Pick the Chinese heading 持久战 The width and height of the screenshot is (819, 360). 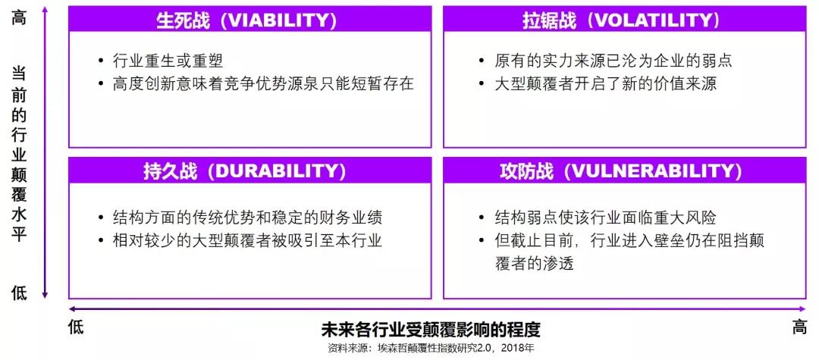171,171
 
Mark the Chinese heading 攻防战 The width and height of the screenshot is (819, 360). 526,171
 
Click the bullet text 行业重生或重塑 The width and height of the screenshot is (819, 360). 168,61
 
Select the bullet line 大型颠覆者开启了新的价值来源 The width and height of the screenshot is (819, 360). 605,83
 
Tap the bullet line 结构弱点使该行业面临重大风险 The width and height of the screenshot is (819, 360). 605,217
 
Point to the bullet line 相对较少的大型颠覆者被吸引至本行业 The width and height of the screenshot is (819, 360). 247,240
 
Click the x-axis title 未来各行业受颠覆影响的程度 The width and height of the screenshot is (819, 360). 430,330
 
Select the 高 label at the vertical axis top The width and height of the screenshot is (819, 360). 19,17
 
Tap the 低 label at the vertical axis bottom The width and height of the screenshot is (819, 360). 19,293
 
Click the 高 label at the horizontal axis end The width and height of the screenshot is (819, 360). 799,327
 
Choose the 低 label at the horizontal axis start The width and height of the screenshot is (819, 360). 76,327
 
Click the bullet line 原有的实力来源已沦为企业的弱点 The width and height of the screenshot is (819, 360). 613,61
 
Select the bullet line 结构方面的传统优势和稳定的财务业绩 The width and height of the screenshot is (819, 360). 251,217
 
